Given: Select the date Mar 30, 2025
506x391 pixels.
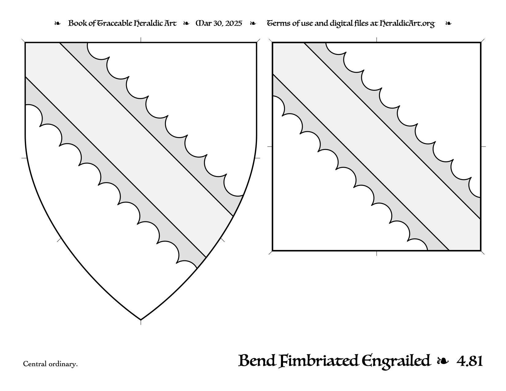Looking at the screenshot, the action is tap(219, 23).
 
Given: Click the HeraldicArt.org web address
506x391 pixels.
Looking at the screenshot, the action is tap(407, 24).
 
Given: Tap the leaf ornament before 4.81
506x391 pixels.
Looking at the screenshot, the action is tap(443, 361).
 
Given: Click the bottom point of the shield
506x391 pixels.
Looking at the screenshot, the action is tap(141, 320).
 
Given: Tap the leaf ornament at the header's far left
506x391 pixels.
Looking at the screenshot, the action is tap(57, 23).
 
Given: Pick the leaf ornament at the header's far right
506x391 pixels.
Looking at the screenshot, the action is tap(448, 23).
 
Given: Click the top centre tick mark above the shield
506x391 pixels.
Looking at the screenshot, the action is tap(141, 40).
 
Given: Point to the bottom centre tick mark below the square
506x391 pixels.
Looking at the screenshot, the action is tap(377, 253).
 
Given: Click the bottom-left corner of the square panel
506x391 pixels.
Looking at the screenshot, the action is tap(272, 251).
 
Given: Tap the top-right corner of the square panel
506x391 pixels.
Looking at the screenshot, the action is tap(481, 43).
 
